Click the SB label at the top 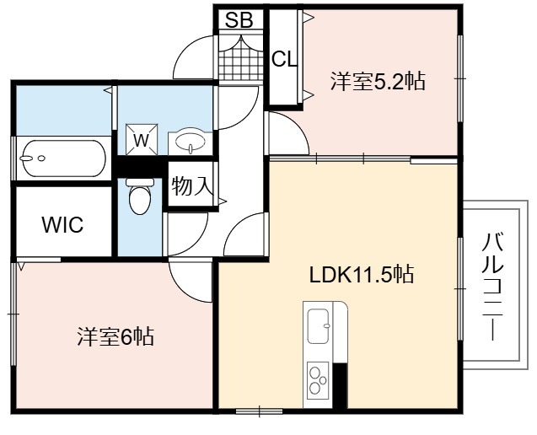(x=239, y=20)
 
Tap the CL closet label (x=284, y=60)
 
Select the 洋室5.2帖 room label (x=378, y=82)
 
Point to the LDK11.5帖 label (x=362, y=274)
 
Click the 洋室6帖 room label (x=115, y=337)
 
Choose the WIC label (x=62, y=225)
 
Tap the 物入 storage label (x=192, y=186)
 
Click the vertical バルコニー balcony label (x=492, y=287)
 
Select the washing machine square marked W (x=142, y=139)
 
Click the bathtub (x=64, y=158)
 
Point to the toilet (x=140, y=196)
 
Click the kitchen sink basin (x=319, y=325)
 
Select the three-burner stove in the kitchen (x=318, y=380)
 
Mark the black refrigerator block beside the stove (x=341, y=385)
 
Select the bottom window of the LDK (x=260, y=411)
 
